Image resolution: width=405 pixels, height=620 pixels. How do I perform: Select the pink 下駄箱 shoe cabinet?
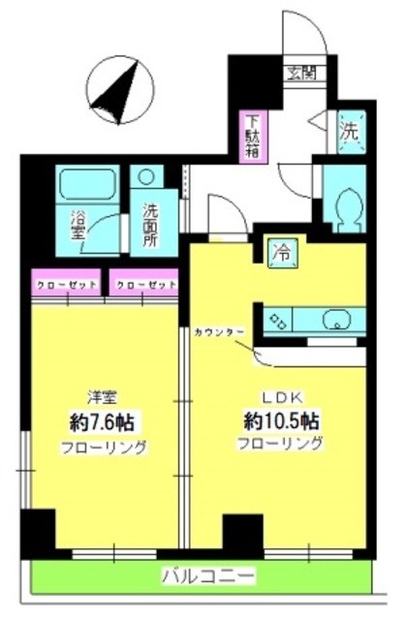252,137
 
